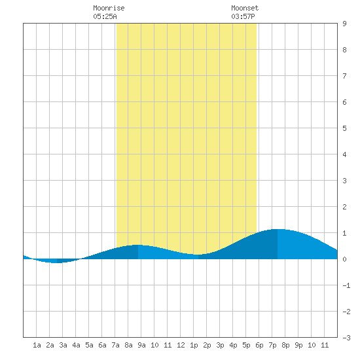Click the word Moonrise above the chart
(109, 8)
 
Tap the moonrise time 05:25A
(105, 16)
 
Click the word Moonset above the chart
(245, 8)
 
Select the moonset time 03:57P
(243, 16)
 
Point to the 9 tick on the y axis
(344, 24)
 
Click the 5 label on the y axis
(344, 128)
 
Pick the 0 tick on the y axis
(344, 259)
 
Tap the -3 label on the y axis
(346, 338)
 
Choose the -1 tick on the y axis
(346, 285)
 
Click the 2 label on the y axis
(344, 207)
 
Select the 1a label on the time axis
(37, 345)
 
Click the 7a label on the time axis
(115, 345)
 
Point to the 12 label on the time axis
(181, 345)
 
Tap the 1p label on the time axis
(194, 345)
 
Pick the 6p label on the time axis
(259, 345)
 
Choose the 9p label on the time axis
(298, 345)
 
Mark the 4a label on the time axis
(76, 345)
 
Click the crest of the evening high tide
(278, 229)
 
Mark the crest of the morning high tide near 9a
(137, 245)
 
